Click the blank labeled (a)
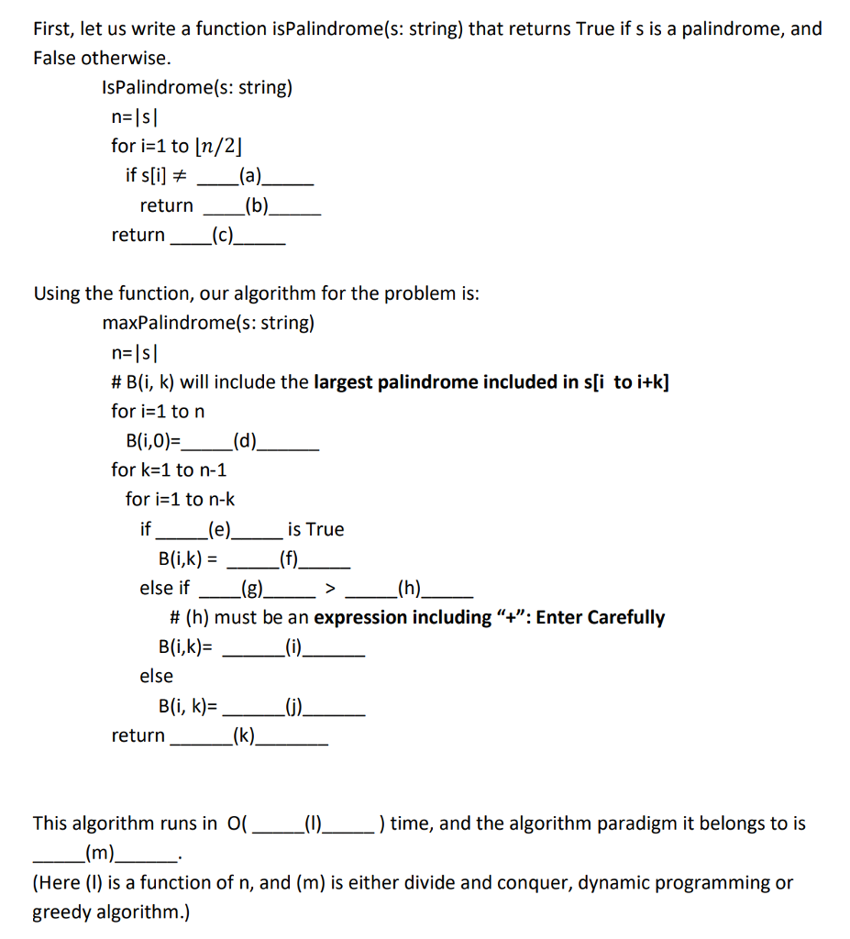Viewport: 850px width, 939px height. click(x=248, y=175)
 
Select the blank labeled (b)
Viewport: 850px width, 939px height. click(x=259, y=205)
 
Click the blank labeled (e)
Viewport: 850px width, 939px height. click(x=220, y=529)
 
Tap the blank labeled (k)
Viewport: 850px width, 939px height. click(x=246, y=735)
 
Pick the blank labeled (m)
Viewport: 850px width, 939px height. click(x=102, y=855)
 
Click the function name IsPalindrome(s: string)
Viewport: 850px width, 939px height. click(x=197, y=88)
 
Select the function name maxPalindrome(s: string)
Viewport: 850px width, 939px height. click(x=208, y=323)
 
